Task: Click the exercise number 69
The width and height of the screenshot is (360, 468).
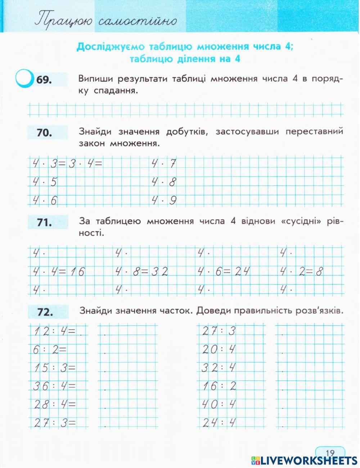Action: (44, 80)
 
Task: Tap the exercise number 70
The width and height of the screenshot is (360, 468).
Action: (45, 133)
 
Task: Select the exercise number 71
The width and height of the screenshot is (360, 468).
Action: (45, 223)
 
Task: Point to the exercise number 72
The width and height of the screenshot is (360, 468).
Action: (45, 312)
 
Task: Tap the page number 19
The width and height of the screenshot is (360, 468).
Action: (330, 453)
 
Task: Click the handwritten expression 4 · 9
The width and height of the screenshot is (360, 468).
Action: (164, 200)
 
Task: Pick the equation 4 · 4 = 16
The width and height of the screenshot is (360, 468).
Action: (59, 272)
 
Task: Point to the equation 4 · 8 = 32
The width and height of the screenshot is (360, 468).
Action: (141, 272)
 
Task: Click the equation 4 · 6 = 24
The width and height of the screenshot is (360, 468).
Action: (224, 272)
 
